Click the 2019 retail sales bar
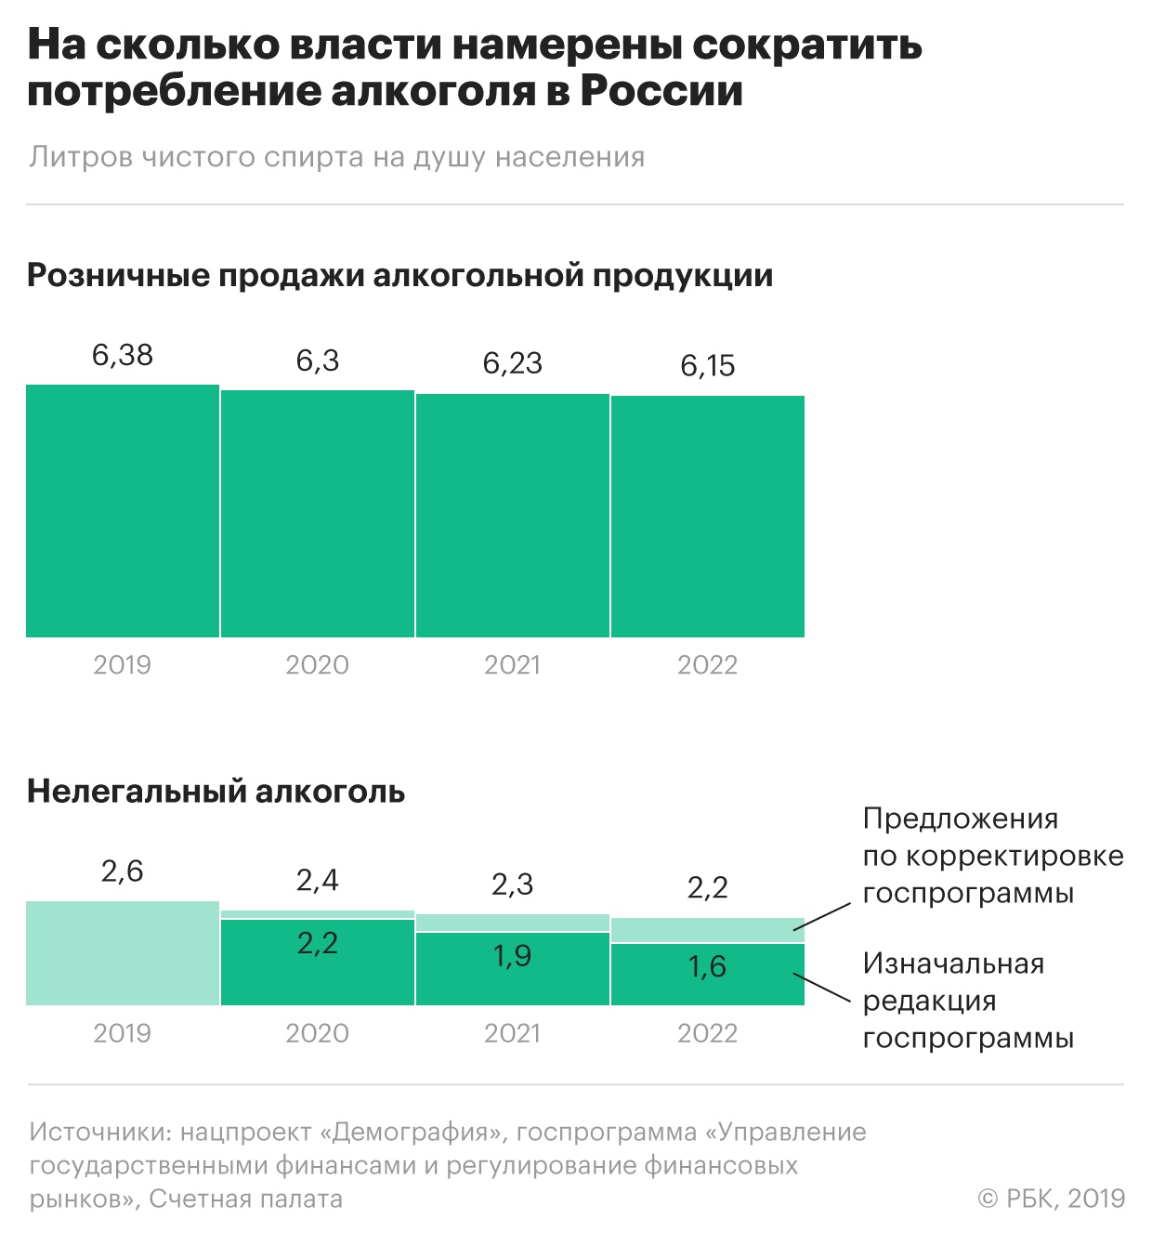123,511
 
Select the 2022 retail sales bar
708,517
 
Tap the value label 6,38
123,355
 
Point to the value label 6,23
513,363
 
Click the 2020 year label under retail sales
317,665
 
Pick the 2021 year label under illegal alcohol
513,1033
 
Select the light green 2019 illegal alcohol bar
123,953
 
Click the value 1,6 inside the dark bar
707,967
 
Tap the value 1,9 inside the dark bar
513,956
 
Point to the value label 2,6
123,871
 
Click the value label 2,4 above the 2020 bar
318,880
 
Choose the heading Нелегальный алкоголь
216,792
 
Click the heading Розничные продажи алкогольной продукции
400,276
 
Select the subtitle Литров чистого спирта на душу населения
337,157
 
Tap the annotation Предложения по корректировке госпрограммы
992,856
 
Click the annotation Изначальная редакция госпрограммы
967,1001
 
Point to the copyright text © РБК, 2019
1052,1199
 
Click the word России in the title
661,91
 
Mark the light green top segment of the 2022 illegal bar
708,930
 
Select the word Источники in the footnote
94,1132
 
